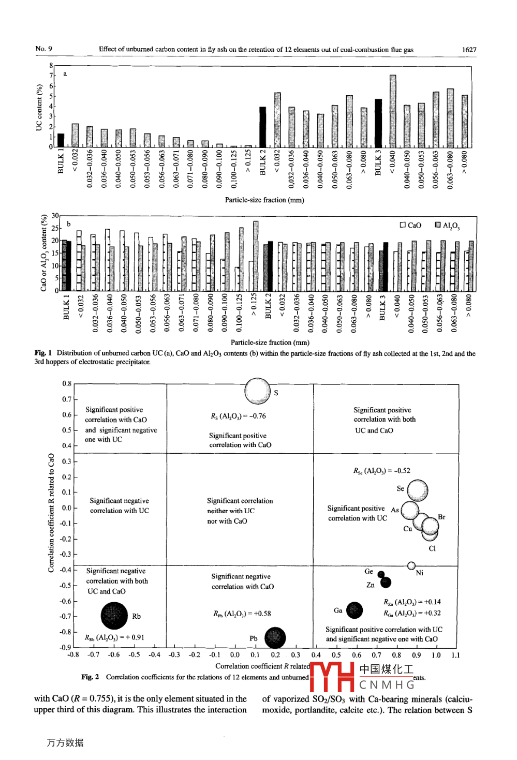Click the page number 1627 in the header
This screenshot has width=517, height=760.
[x=469, y=50]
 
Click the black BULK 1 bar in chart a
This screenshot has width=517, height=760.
[x=61, y=140]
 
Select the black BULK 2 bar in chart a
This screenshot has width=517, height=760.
[x=263, y=127]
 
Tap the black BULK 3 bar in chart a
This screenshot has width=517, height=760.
[x=378, y=123]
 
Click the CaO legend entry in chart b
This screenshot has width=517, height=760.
[x=411, y=225]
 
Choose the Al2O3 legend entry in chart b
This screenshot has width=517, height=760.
[x=447, y=226]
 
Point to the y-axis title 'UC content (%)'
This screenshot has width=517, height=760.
[x=39, y=108]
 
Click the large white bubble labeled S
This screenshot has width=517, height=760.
[x=257, y=391]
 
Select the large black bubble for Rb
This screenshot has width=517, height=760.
[x=114, y=616]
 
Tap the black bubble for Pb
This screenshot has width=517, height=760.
[x=275, y=637]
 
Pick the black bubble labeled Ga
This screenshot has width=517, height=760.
[x=354, y=610]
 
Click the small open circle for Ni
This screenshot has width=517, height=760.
[x=411, y=565]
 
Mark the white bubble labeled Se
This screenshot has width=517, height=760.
[x=418, y=490]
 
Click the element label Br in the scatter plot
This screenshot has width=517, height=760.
[x=441, y=517]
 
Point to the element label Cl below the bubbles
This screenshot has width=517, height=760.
[x=432, y=548]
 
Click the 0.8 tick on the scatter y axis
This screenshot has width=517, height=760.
[x=67, y=384]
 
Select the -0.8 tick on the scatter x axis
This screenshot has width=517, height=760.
[x=73, y=655]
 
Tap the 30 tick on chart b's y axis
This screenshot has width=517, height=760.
[x=55, y=216]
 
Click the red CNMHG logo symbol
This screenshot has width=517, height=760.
[x=332, y=677]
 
